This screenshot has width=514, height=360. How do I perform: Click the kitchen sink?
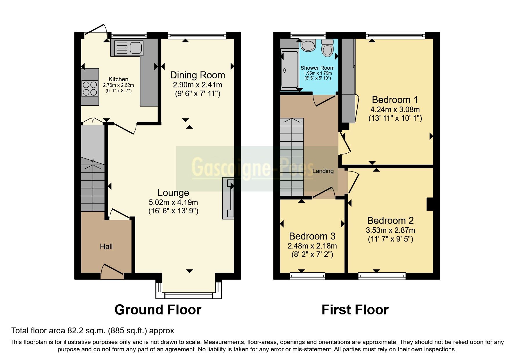[x=129, y=48]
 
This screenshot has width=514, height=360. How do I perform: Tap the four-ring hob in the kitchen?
[x=90, y=89]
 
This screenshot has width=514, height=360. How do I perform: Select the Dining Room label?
[x=197, y=75]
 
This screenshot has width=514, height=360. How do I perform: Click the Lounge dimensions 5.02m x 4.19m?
[x=173, y=202]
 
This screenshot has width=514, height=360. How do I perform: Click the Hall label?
[x=106, y=246]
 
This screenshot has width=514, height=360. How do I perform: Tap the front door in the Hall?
[x=112, y=270]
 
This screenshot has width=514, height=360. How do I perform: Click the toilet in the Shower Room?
[x=327, y=48]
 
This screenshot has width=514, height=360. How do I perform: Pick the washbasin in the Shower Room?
[x=308, y=46]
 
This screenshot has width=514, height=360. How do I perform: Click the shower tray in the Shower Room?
[x=289, y=70]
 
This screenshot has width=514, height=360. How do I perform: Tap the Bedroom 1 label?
[x=395, y=100]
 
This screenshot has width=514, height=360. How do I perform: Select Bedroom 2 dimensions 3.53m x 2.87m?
[x=390, y=230]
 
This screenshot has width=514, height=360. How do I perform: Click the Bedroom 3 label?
[x=312, y=236]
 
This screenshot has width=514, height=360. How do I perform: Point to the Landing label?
[x=323, y=171]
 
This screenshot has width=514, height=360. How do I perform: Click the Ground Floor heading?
[x=158, y=310]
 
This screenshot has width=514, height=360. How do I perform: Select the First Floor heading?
[x=355, y=310]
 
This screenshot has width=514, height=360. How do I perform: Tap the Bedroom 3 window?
[x=307, y=276]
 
